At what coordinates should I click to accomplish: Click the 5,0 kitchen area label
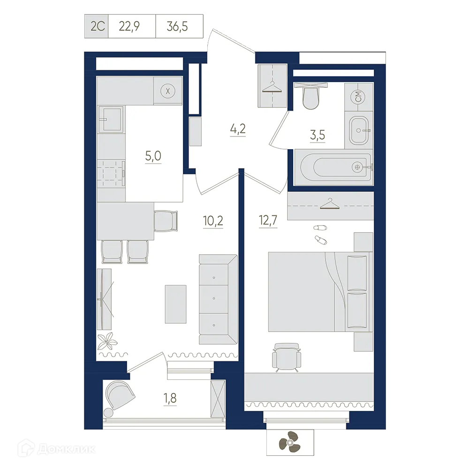click(x=153, y=156)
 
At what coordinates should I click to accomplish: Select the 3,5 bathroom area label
click(x=317, y=136)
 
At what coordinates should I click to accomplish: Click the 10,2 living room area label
click(x=212, y=220)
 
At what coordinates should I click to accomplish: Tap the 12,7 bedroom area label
click(x=268, y=220)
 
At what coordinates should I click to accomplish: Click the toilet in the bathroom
click(x=311, y=96)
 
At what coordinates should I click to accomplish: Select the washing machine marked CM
click(x=358, y=98)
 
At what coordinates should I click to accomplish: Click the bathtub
click(x=333, y=167)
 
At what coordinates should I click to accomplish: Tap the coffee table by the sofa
click(x=175, y=304)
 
